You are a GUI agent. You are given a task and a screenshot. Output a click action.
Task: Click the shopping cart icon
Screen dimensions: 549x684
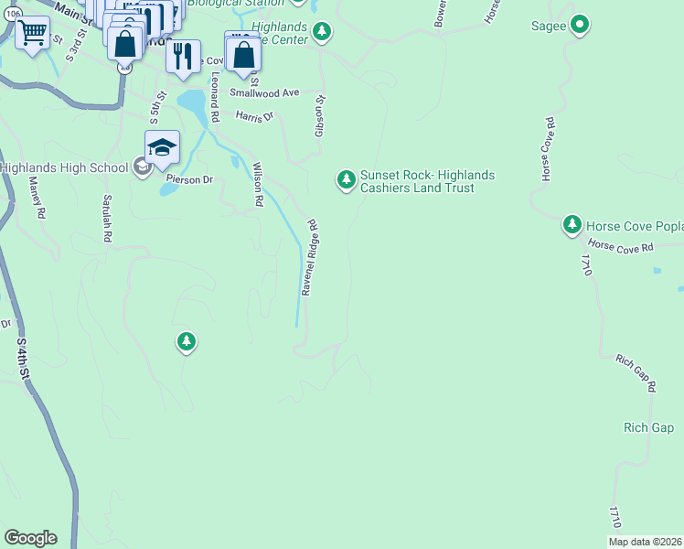click(33, 34)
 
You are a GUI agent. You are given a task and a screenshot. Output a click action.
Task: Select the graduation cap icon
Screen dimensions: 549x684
click(162, 147)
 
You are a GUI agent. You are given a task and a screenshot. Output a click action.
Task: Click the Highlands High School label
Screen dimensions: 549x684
click(64, 167)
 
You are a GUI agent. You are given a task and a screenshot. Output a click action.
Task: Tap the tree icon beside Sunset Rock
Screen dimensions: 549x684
click(346, 179)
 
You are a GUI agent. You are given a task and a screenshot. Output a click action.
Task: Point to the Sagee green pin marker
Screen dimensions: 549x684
click(580, 26)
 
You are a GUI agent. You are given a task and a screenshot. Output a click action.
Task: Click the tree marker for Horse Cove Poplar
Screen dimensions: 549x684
click(572, 224)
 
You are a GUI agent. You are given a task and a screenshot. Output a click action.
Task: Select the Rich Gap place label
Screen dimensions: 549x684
click(648, 427)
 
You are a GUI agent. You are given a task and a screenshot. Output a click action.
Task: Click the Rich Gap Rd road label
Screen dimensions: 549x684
click(636, 374)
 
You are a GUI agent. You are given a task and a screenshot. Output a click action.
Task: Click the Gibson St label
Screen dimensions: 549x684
click(319, 116)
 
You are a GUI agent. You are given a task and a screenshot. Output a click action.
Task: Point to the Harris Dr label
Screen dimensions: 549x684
click(254, 117)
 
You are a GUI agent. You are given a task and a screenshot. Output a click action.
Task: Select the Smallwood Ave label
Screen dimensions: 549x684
click(264, 92)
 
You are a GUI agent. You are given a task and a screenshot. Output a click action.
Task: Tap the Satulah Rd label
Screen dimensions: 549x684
click(107, 217)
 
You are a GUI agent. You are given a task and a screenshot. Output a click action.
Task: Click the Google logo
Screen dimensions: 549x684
click(30, 538)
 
